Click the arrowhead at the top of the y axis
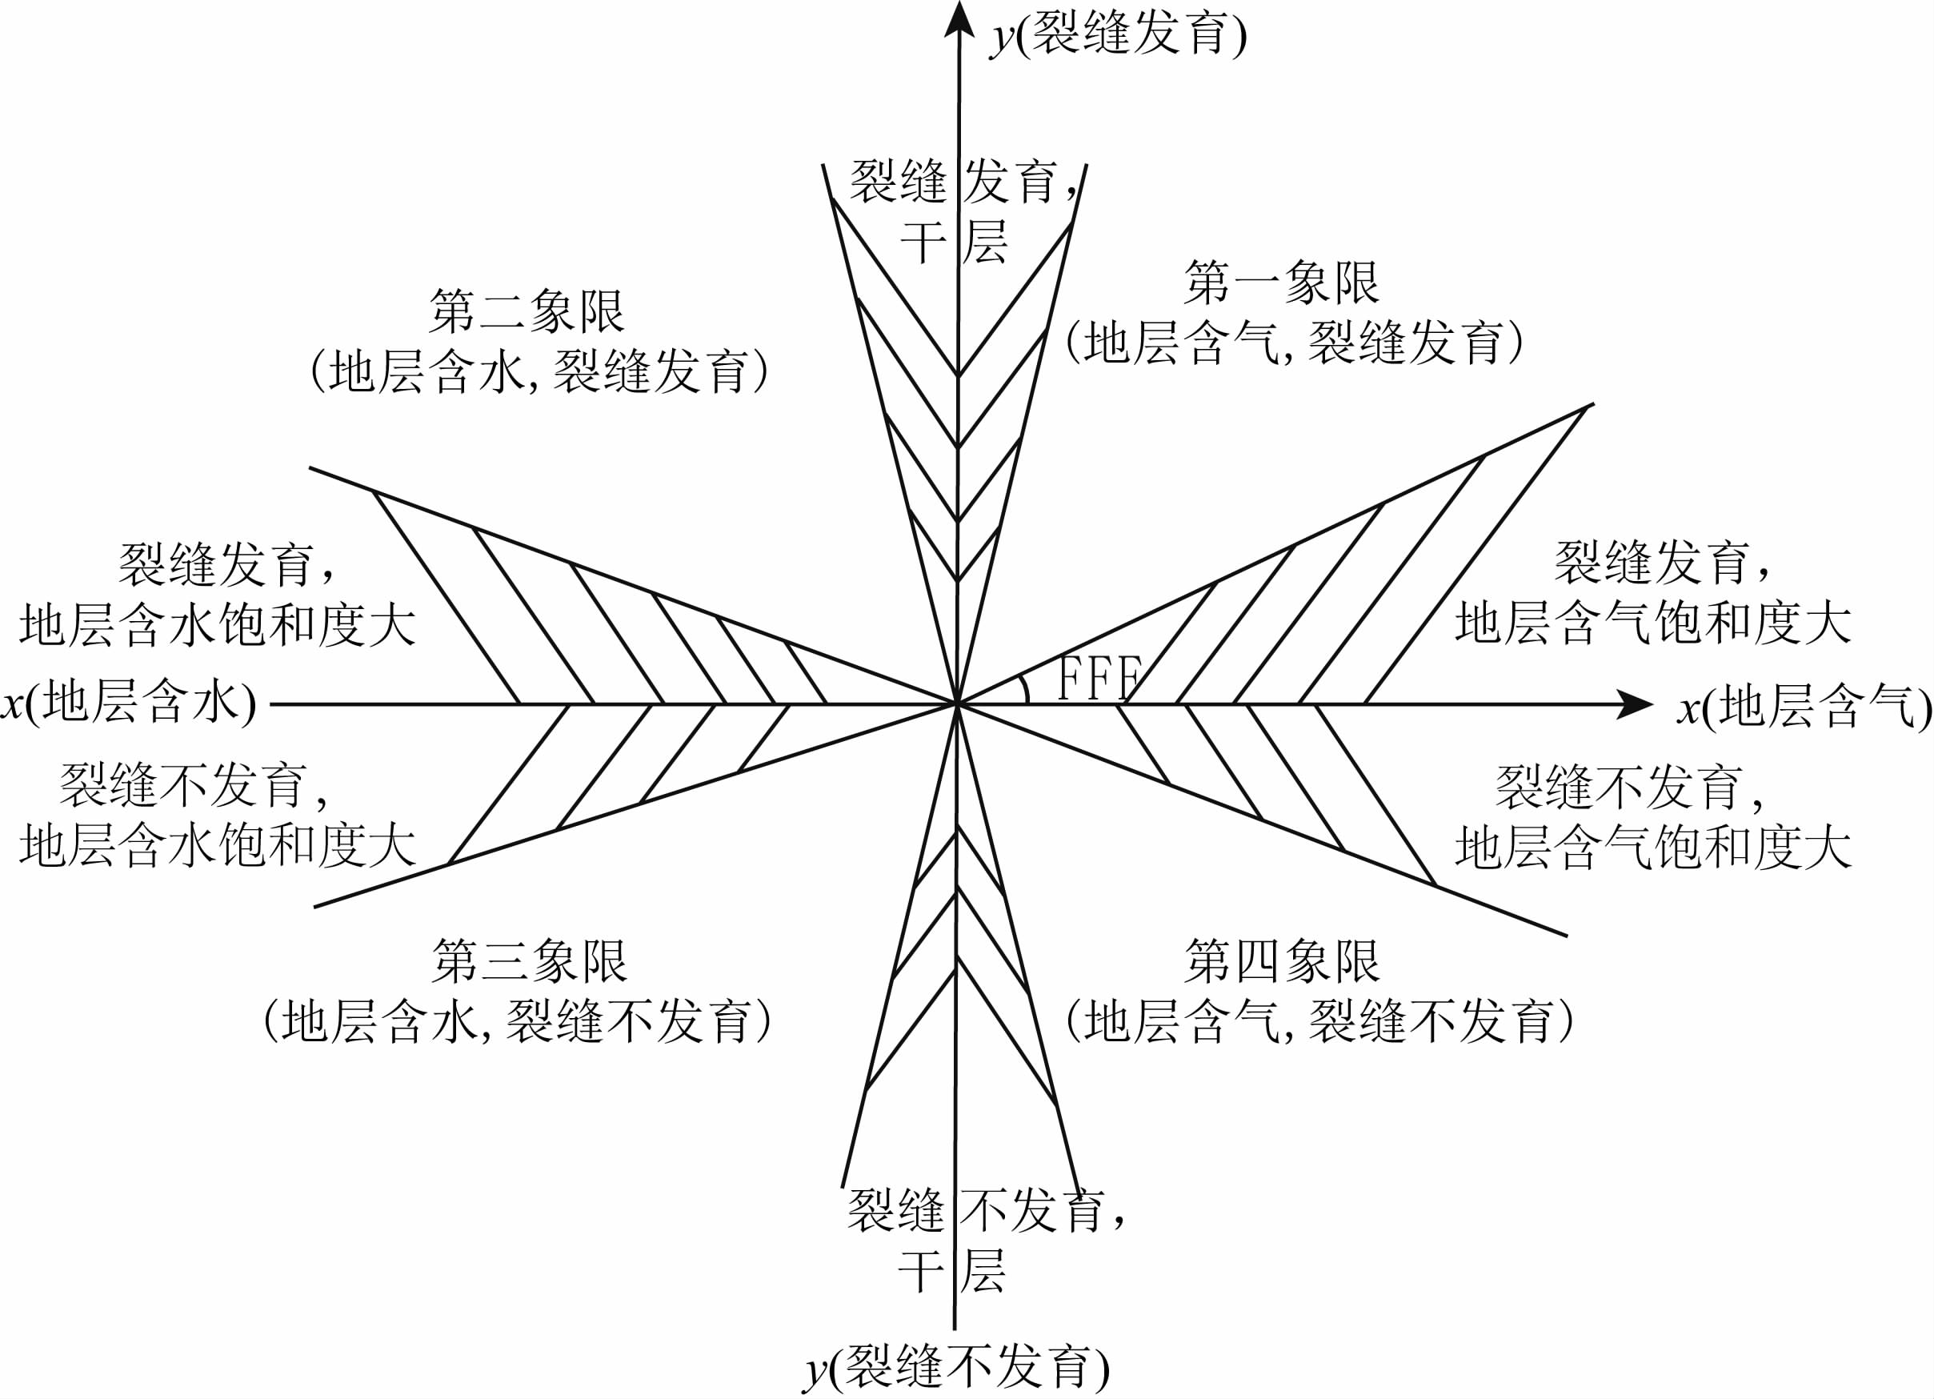point(959,18)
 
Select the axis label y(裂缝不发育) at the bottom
point(956,1369)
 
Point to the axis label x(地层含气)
point(1803,708)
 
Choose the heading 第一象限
point(1281,283)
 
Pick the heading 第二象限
point(527,311)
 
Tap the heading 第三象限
point(530,961)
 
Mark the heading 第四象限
point(1281,961)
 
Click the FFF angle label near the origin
point(1099,678)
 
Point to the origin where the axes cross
point(958,704)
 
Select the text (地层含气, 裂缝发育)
point(1294,343)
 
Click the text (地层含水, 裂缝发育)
point(539,372)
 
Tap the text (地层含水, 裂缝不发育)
point(517,1021)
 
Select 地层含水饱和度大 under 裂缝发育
point(218,625)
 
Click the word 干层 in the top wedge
point(953,243)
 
